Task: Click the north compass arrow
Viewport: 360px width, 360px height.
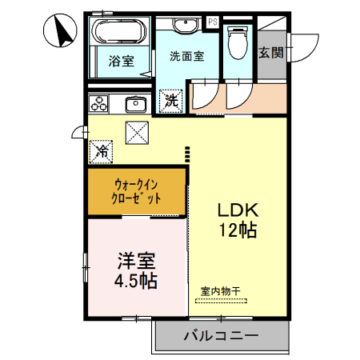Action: click(x=58, y=31)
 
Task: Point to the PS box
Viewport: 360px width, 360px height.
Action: click(x=213, y=22)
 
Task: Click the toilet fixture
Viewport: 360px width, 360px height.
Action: click(x=238, y=41)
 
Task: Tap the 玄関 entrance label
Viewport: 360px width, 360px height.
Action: click(x=270, y=53)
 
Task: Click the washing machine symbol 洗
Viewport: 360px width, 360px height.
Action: click(x=172, y=101)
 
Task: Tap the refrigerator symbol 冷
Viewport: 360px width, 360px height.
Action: click(x=102, y=150)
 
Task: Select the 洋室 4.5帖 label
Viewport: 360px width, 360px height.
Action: click(x=137, y=270)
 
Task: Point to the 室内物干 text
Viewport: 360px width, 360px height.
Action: click(x=220, y=292)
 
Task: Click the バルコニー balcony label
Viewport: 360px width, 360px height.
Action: click(x=220, y=335)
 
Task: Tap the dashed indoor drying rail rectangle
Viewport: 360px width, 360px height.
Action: click(x=220, y=302)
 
